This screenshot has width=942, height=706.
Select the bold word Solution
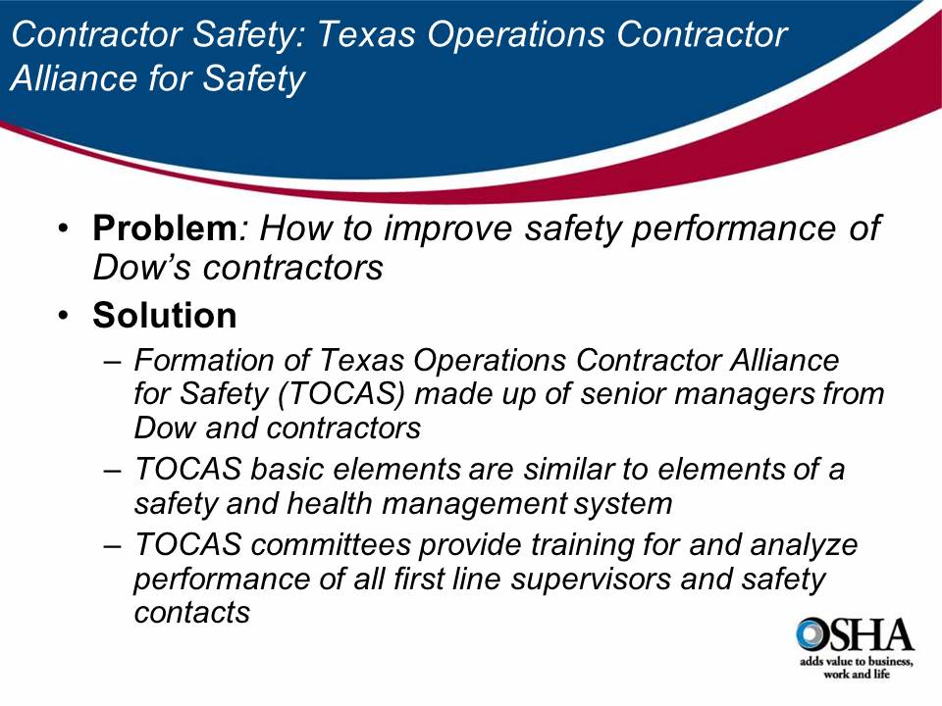tap(165, 316)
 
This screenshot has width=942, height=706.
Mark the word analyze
tap(804, 545)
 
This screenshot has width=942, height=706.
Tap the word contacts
tap(191, 612)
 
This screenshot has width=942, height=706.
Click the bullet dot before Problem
tap(64, 230)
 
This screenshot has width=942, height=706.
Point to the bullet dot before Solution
tap(64, 316)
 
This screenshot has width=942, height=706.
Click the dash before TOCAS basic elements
tap(114, 470)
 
